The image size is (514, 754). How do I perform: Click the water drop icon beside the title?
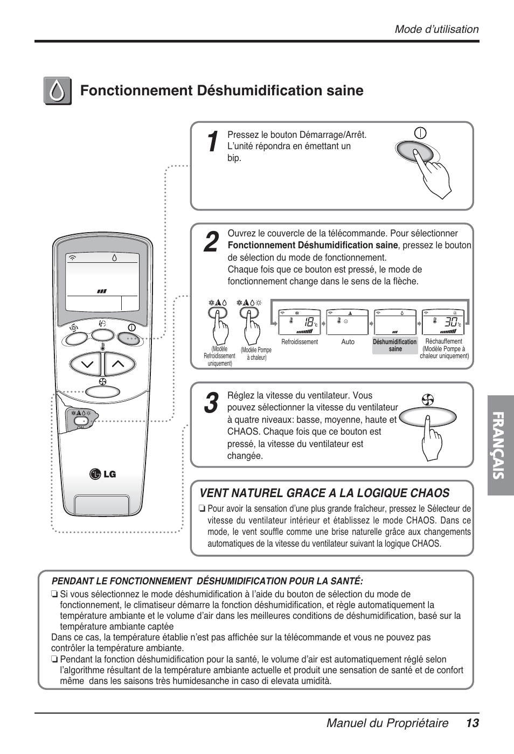pos(57,91)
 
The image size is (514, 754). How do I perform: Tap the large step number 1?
pos(213,142)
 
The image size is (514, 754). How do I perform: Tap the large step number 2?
pos(212,242)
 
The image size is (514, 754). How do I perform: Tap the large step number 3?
pos(212,403)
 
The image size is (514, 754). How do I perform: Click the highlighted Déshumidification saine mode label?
pos(395,345)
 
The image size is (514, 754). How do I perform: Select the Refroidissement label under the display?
pos(300,342)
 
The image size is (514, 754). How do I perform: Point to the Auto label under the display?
pos(348,342)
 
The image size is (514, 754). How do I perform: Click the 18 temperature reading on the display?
pos(309,322)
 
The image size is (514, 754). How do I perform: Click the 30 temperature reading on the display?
pos(450,322)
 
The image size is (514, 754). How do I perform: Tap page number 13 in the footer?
pos(473,723)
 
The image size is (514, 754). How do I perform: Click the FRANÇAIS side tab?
pos(499,445)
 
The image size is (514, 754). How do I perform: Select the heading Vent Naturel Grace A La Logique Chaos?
pos(324,493)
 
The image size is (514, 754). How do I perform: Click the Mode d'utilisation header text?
pos(436,30)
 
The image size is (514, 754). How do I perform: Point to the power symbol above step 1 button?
pos(420,133)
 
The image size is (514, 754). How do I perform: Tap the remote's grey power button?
pos(129,339)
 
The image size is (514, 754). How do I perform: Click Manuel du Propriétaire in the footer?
pos(387,723)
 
